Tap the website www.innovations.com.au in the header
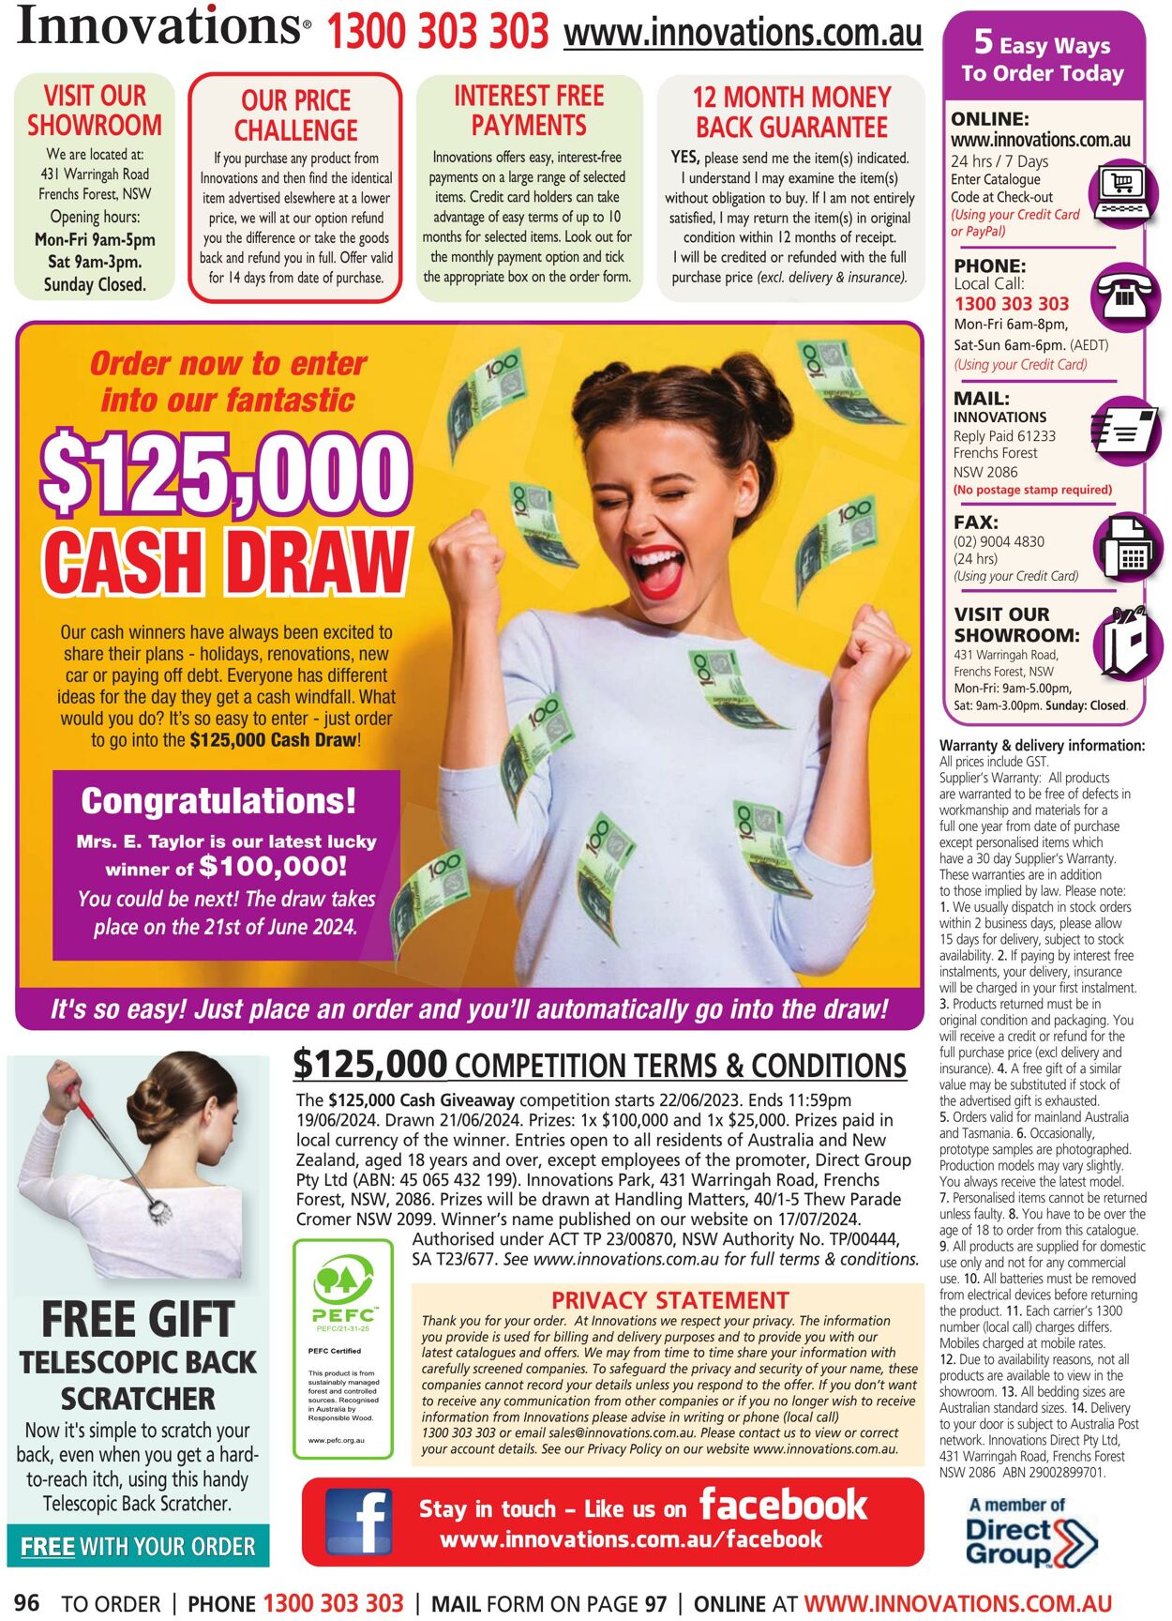743,34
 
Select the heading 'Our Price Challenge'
295,114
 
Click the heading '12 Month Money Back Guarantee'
791,112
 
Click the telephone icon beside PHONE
1128,297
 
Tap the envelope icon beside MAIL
1128,432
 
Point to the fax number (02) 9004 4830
999,541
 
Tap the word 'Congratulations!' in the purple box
218,801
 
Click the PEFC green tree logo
342,1280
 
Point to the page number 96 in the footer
27,1602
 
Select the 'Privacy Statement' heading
669,1300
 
